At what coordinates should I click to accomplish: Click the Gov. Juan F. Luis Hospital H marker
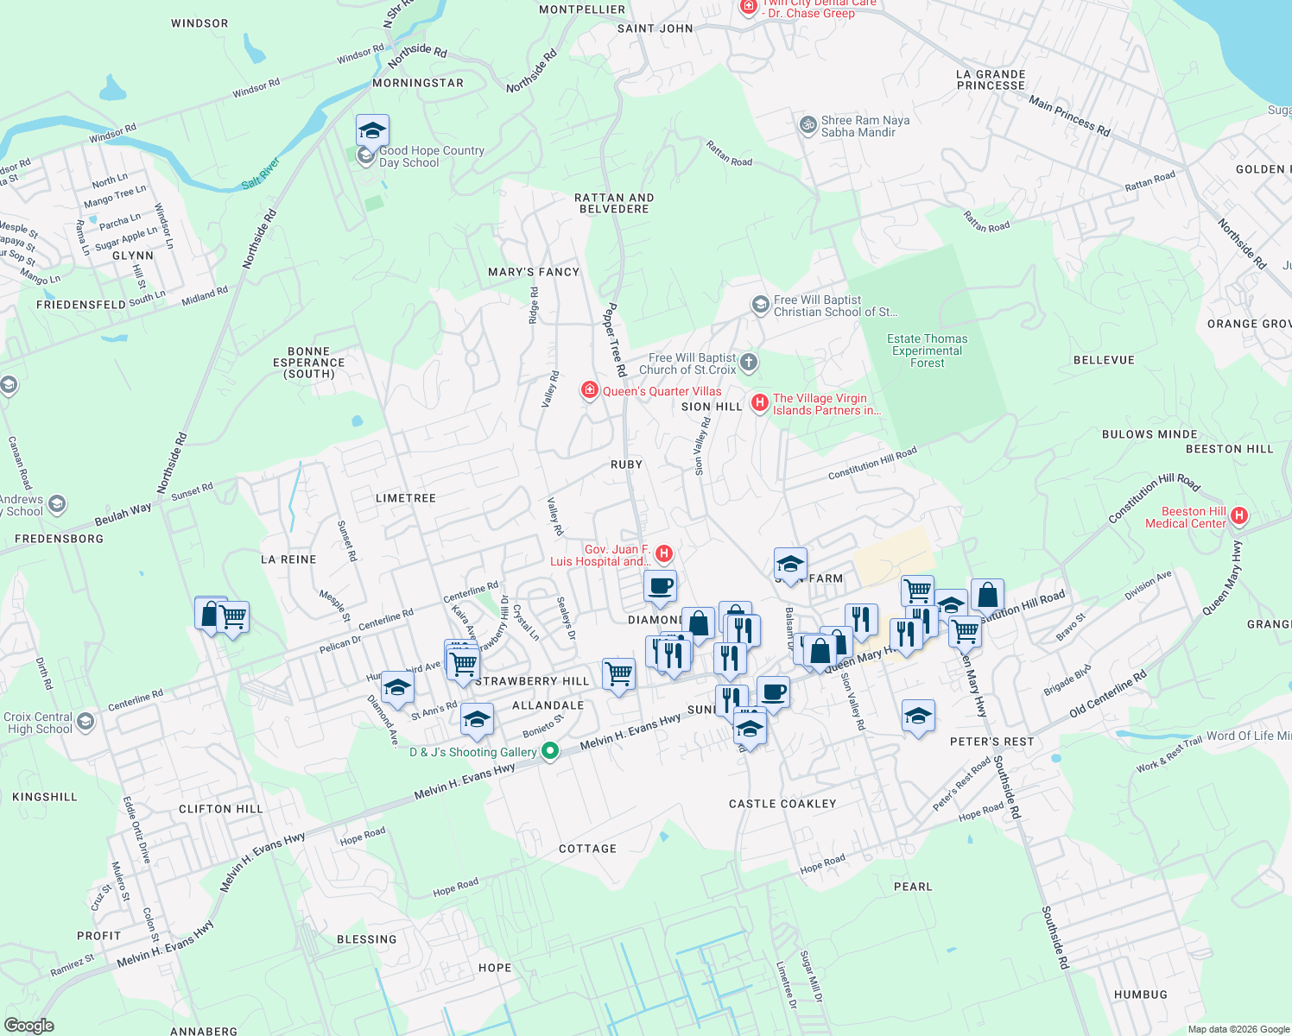point(664,553)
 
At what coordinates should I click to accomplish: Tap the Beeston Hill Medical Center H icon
point(1239,516)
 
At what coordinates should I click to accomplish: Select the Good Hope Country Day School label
point(431,156)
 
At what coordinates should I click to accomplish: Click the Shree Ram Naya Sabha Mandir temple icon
point(807,125)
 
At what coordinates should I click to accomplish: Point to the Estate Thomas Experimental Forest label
point(927,351)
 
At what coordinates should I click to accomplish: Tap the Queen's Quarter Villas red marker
point(590,391)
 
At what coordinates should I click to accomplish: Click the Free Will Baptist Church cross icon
point(749,363)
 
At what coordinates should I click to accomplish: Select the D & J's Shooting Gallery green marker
point(550,752)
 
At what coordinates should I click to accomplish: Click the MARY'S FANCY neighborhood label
point(534,272)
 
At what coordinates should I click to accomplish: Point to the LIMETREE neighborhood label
point(406,498)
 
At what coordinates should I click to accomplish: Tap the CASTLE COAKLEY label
point(782,804)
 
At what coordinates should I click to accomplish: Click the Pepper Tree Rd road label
point(615,339)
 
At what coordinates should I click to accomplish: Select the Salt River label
point(261,173)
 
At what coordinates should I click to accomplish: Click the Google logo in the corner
point(28,1026)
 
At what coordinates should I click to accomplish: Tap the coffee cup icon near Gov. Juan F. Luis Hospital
point(660,586)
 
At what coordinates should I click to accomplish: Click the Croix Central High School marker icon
point(85,722)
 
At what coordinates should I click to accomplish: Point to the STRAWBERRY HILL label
point(532,681)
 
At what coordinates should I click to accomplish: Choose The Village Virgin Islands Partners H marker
point(760,403)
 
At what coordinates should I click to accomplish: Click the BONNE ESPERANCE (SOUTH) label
point(309,363)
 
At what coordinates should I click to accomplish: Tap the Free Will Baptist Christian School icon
point(760,304)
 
